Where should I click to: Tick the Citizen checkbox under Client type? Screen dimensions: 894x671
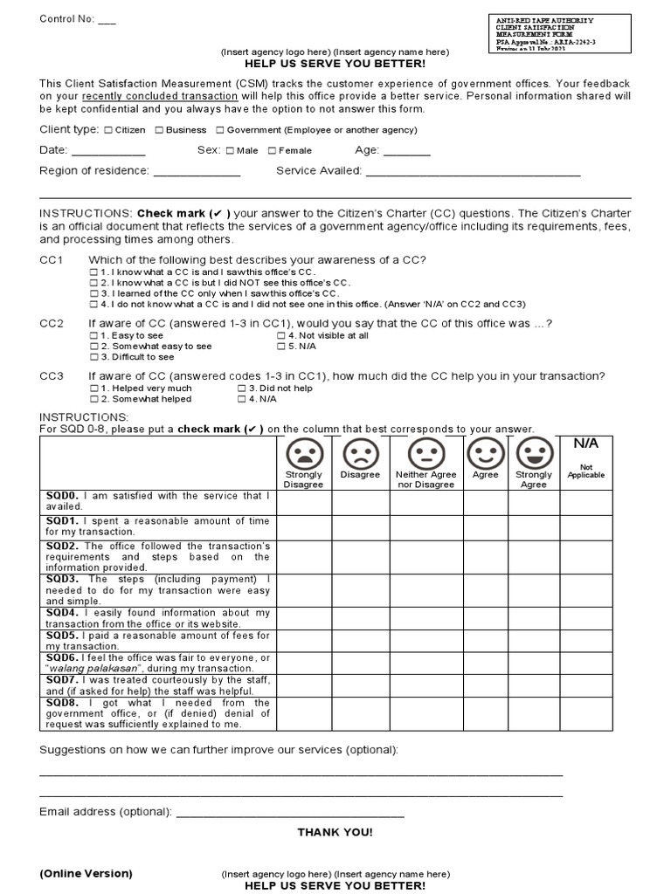click(107, 131)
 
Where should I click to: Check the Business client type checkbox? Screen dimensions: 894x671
click(159, 131)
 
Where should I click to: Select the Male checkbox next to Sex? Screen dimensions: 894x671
click(230, 151)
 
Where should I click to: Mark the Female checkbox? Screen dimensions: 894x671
click(272, 151)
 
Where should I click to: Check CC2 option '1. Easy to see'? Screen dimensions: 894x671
click(94, 335)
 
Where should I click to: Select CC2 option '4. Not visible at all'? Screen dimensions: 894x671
click(281, 335)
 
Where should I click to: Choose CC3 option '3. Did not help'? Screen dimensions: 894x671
click(242, 389)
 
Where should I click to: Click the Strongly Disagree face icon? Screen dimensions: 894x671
click(303, 453)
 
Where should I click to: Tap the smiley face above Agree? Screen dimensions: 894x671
click(485, 453)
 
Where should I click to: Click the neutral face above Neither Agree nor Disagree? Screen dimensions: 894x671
click(426, 453)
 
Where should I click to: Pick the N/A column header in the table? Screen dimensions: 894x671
click(585, 444)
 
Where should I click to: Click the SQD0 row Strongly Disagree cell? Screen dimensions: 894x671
click(303, 502)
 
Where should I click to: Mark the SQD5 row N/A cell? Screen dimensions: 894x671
click(585, 640)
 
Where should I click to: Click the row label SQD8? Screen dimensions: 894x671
click(62, 702)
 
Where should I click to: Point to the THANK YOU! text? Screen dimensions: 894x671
click(335, 832)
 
